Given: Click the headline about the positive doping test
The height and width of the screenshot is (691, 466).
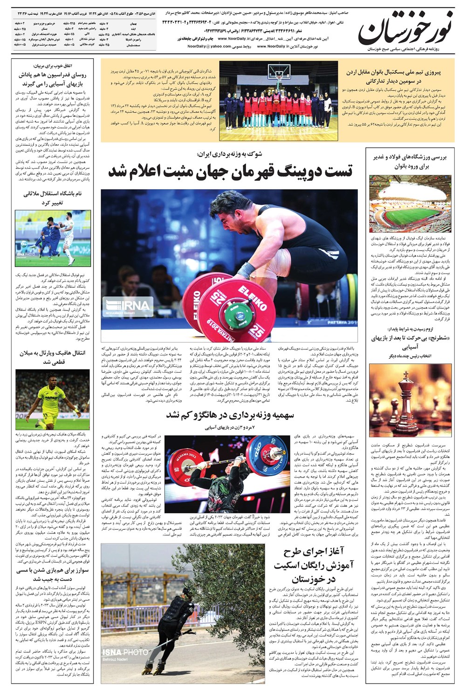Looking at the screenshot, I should [x=230, y=171].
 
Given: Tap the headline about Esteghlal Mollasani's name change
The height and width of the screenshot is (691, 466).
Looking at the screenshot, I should [x=52, y=198].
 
